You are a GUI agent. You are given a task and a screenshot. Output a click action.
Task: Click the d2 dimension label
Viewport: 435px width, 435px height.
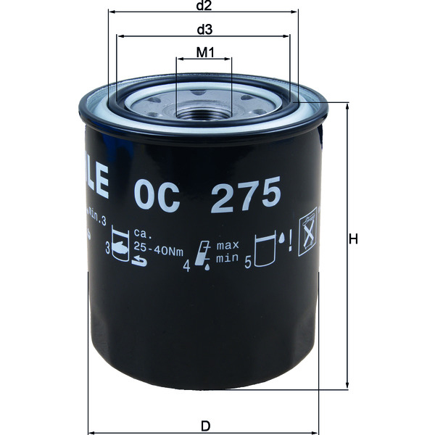[204, 7]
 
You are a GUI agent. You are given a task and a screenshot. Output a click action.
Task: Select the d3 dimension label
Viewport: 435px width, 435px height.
[204, 30]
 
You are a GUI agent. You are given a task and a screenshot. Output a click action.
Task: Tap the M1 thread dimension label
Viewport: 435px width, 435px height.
[204, 53]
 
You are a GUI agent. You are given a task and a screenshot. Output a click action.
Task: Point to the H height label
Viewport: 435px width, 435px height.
[353, 240]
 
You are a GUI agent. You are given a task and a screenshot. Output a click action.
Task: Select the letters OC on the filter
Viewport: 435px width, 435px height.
[157, 196]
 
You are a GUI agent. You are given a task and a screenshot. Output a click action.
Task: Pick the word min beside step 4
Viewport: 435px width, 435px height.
[226, 257]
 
